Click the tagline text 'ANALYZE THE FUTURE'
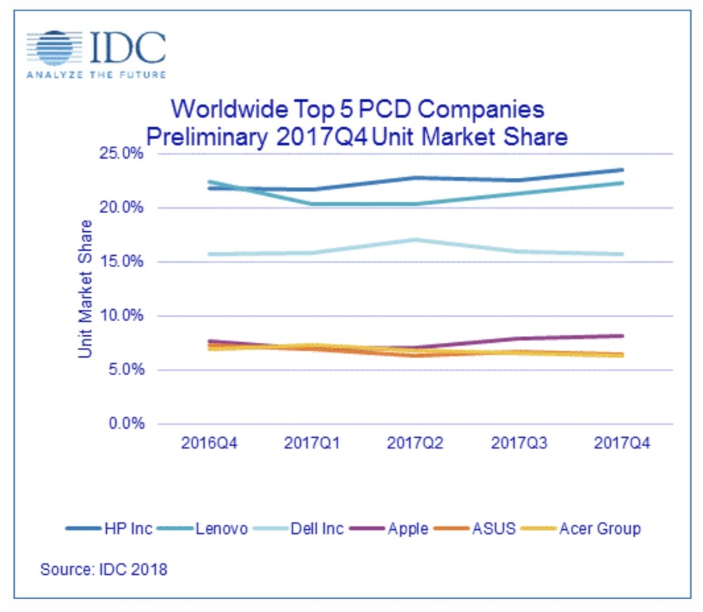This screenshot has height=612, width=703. [x=96, y=74]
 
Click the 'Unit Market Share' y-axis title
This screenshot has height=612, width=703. [x=86, y=289]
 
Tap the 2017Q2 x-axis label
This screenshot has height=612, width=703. [x=415, y=444]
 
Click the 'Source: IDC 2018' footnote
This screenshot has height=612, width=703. [x=104, y=569]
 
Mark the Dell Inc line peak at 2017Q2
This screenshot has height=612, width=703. [x=415, y=240]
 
